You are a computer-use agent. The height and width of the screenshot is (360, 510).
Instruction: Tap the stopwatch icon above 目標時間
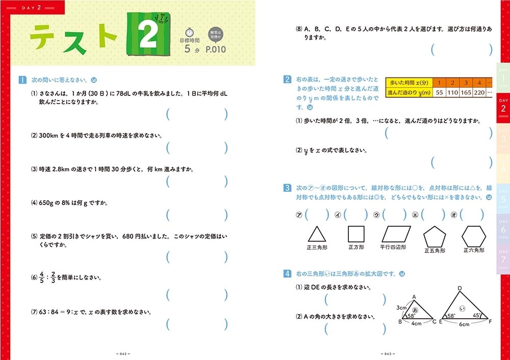pyautogui.click(x=189, y=33)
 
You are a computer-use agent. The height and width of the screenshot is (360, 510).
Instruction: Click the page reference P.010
pyautogui.click(x=215, y=49)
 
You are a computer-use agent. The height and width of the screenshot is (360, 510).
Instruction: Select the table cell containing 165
pyautogui.click(x=466, y=92)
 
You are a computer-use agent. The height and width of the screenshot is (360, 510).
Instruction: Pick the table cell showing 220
pyautogui.click(x=479, y=92)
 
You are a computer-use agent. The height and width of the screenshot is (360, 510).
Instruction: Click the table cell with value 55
pyautogui.click(x=439, y=92)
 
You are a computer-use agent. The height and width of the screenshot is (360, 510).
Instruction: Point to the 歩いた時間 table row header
pyautogui.click(x=409, y=83)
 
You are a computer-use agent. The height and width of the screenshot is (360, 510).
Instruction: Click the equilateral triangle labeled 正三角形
pyautogui.click(x=317, y=234)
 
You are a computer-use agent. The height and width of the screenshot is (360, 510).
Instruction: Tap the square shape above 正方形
pyautogui.click(x=356, y=234)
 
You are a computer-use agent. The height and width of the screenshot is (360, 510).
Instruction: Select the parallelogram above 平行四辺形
pyautogui.click(x=396, y=234)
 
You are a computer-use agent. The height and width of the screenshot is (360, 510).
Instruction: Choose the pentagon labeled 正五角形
pyautogui.click(x=435, y=237)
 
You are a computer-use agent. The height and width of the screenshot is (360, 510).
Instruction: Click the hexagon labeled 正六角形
pyautogui.click(x=474, y=237)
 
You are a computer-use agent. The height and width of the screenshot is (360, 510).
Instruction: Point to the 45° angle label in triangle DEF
pyautogui.click(x=476, y=316)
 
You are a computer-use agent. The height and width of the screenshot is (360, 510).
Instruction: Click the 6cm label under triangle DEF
pyautogui.click(x=464, y=324)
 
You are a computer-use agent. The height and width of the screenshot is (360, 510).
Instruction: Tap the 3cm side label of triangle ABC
pyautogui.click(x=401, y=307)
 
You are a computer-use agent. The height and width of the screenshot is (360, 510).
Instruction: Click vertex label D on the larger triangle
pyautogui.click(x=460, y=288)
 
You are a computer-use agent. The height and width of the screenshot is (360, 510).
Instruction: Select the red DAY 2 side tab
pyautogui.click(x=503, y=107)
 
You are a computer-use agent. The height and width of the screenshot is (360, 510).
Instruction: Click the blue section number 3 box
pyautogui.click(x=287, y=188)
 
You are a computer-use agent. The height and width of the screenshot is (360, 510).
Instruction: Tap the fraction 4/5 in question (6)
pyautogui.click(x=42, y=277)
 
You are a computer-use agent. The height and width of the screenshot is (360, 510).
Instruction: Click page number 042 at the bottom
pyautogui.click(x=123, y=354)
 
